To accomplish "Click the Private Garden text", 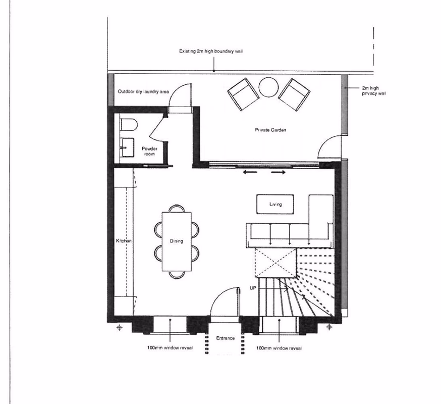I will click(270, 130).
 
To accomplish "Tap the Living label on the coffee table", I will click(275, 204).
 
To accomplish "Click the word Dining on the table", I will click(176, 241).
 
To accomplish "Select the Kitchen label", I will click(124, 241).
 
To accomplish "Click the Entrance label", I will click(225, 338).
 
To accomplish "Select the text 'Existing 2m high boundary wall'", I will click(211, 52).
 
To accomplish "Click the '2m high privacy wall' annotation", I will click(371, 90).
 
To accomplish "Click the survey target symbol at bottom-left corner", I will click(120, 328).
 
